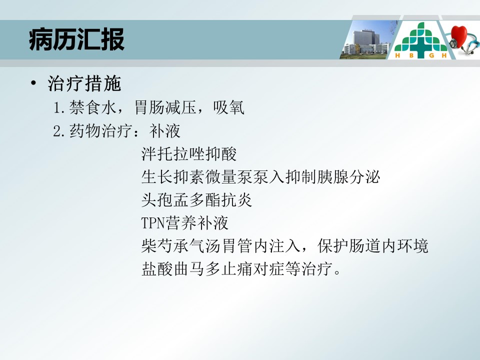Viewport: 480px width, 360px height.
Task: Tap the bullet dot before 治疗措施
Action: click(33, 83)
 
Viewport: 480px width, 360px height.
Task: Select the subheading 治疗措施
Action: click(84, 83)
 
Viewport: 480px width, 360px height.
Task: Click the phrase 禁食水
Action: click(92, 107)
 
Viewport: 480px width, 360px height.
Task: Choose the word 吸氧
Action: click(228, 107)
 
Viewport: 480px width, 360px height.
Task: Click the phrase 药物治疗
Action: click(100, 130)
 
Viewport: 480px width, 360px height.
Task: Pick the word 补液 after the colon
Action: click(164, 130)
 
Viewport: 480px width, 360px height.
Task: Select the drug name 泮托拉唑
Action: click(173, 153)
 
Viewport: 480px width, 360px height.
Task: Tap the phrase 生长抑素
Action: click(173, 177)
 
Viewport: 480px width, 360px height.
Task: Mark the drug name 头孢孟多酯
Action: click(181, 200)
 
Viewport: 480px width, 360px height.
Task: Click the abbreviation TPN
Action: click(153, 223)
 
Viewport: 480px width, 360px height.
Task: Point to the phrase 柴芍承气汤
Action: click(181, 246)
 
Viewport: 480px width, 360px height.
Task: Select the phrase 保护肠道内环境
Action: click(372, 246)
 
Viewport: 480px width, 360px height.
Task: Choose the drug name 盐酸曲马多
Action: click(181, 269)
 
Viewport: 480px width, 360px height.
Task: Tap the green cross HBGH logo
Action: click(420, 40)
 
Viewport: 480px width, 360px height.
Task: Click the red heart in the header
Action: click(458, 36)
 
